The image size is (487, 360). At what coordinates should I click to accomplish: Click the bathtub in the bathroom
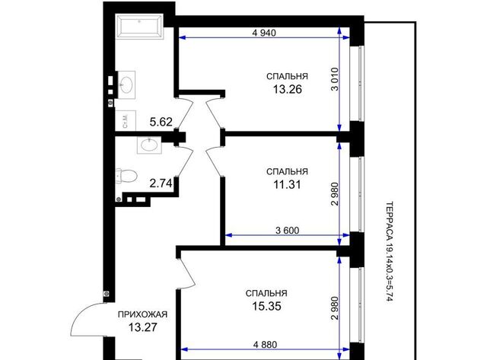click(139, 27)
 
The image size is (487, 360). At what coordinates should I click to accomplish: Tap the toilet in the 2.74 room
click(126, 177)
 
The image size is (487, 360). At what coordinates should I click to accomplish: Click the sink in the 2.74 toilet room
click(149, 145)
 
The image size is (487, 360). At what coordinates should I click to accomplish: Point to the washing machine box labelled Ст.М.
click(126, 120)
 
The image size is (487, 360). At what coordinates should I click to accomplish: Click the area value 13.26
click(288, 90)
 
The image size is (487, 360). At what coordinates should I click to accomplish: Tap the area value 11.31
click(287, 185)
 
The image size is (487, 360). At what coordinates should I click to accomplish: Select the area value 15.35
click(266, 306)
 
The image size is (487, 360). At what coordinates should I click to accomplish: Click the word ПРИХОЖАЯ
click(142, 314)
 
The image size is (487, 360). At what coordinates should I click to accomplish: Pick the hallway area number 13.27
click(142, 327)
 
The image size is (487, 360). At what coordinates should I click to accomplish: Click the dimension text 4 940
click(264, 33)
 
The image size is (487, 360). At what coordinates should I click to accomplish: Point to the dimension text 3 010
click(335, 79)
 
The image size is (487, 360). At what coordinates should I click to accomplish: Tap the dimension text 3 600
click(288, 231)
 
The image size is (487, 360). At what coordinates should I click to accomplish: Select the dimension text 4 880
click(265, 345)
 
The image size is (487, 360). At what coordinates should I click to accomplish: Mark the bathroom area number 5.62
click(161, 122)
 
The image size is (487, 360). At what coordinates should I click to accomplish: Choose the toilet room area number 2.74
click(161, 183)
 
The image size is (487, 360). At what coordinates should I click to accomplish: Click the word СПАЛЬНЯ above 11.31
click(287, 171)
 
